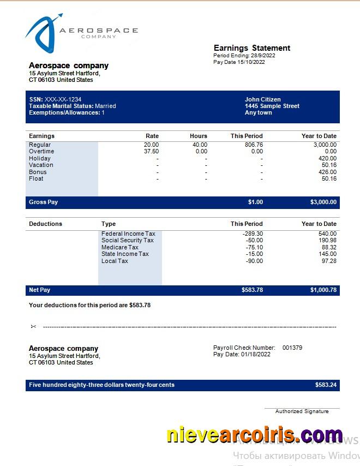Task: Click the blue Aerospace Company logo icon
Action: [43, 33]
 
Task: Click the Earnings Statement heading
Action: [251, 48]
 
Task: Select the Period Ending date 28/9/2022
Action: [263, 56]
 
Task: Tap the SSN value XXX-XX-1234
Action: [63, 99]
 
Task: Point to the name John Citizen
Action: [262, 99]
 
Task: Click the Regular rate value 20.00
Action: [151, 145]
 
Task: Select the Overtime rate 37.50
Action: [151, 151]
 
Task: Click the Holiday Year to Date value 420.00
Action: [327, 158]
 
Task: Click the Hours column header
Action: [199, 136]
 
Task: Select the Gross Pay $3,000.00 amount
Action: [323, 202]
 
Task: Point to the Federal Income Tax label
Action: [128, 234]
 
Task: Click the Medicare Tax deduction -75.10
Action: [254, 247]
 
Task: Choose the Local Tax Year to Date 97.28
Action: [329, 261]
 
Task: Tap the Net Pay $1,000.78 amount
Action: [323, 290]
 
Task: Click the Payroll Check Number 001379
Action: [292, 348]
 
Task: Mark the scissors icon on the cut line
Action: [33, 327]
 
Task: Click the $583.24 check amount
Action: [326, 385]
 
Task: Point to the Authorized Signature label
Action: [302, 411]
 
